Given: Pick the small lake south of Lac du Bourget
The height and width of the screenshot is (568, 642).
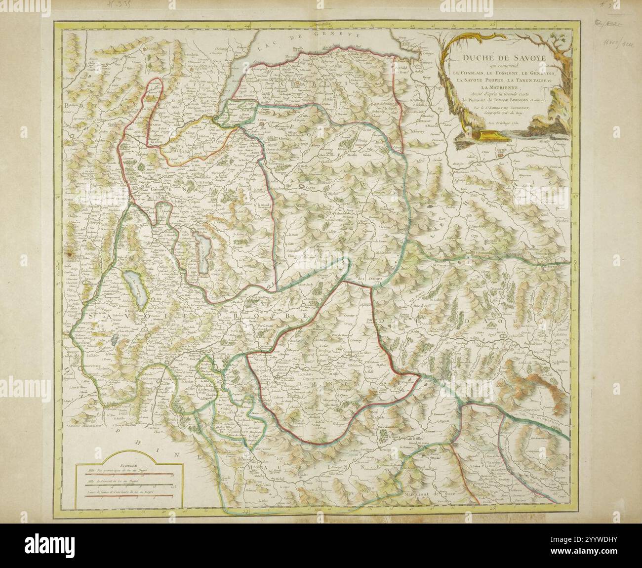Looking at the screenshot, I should pos(115,339).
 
